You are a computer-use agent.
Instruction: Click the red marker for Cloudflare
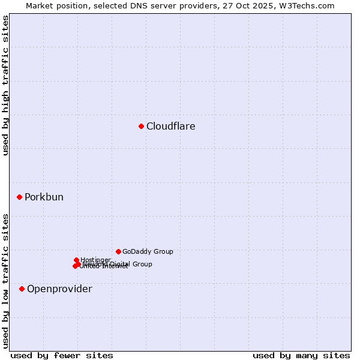point(141,126)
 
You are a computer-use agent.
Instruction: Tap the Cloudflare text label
point(171,127)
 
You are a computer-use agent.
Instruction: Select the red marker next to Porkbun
point(19,197)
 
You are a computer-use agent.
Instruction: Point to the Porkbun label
point(44,197)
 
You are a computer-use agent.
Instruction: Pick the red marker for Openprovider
point(22,289)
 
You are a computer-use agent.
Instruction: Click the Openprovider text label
point(59,289)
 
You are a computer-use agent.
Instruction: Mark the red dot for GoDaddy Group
point(118,251)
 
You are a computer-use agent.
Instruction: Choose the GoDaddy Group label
point(148,252)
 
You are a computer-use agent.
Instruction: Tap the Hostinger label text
point(96,260)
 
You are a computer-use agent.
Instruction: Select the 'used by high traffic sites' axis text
point(5,85)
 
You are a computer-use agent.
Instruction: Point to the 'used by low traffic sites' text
point(5,281)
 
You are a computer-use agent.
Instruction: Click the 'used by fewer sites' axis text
point(62,355)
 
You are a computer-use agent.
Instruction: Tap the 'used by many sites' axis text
point(301,355)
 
